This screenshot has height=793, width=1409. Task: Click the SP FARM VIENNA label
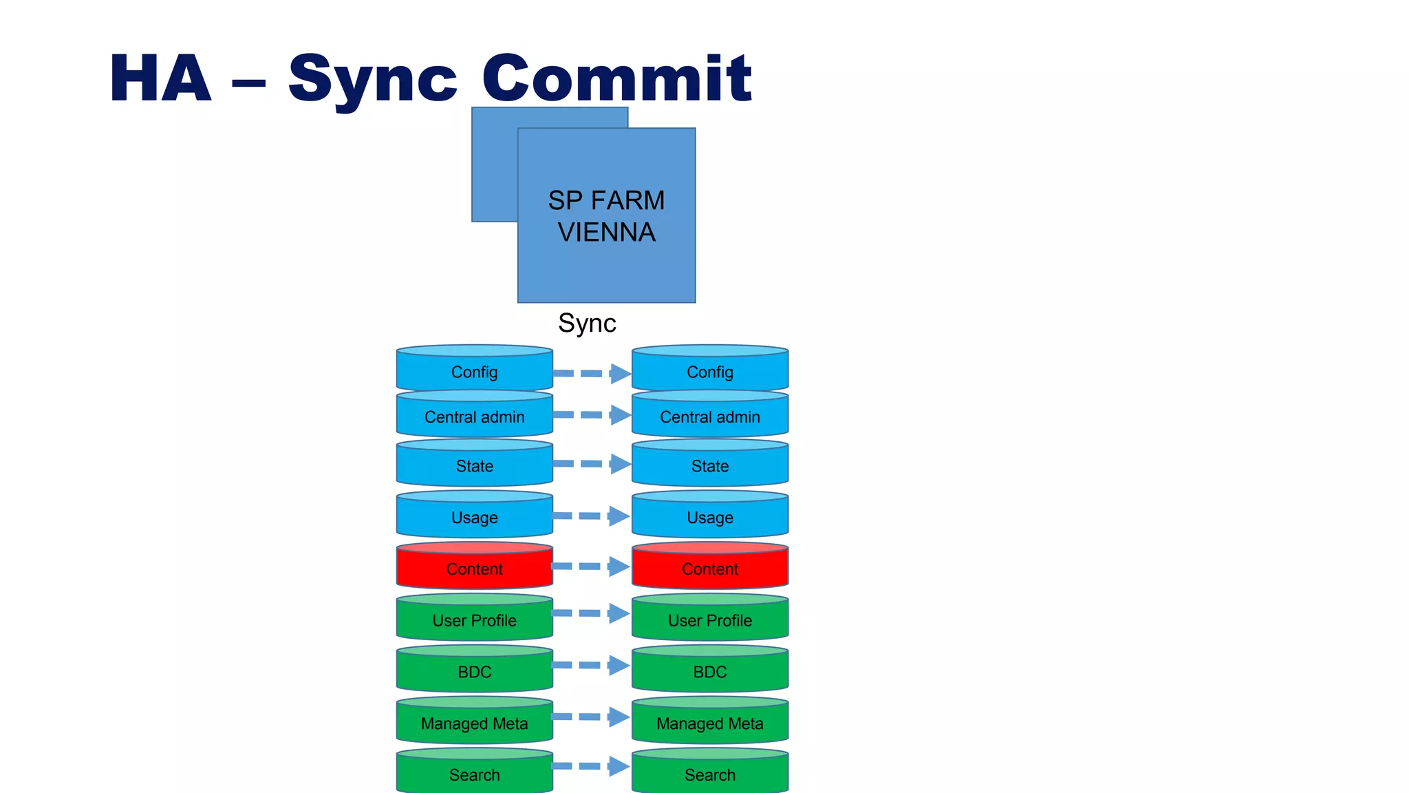coord(606,216)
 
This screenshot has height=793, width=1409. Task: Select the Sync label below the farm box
coord(586,323)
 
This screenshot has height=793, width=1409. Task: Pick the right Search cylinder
coord(709,774)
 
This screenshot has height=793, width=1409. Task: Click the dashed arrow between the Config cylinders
coord(592,373)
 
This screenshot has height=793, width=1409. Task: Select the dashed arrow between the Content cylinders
coord(592,567)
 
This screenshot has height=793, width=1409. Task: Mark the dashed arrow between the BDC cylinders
coord(592,665)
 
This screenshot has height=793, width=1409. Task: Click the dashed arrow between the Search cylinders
coord(592,765)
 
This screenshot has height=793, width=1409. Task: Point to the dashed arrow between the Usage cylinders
coord(592,516)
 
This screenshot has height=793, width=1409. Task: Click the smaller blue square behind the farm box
coord(494,165)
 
